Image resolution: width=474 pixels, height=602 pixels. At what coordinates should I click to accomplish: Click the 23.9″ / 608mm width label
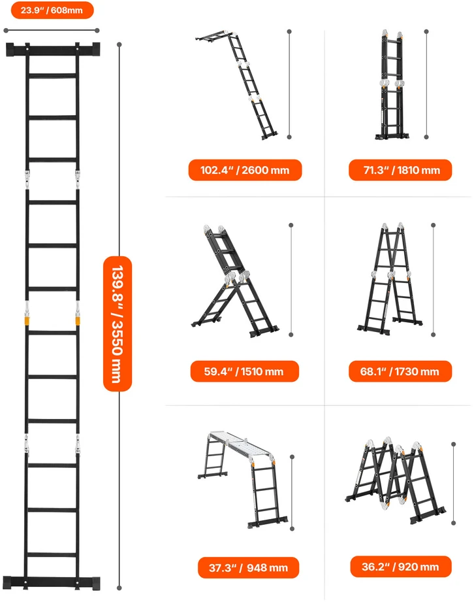(x=52, y=10)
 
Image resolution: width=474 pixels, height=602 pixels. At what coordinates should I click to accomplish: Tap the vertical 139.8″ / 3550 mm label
(x=118, y=324)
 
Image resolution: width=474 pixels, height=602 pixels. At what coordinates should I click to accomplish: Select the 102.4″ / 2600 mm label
(x=245, y=170)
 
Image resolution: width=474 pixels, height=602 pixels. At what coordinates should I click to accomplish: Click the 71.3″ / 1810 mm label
(x=400, y=170)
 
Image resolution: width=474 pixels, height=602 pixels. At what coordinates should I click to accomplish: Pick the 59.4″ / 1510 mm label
(x=244, y=371)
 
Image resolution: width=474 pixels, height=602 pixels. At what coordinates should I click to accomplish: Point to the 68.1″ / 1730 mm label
(x=400, y=371)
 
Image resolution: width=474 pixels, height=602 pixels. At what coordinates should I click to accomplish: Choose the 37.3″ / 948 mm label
(x=248, y=567)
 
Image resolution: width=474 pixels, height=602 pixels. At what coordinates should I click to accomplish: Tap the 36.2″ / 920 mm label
(x=401, y=567)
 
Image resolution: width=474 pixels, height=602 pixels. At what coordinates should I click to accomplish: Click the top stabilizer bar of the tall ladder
(x=53, y=50)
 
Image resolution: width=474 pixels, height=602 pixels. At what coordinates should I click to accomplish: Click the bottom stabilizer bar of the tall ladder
(x=53, y=583)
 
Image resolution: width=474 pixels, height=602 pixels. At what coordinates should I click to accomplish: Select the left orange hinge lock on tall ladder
(x=27, y=320)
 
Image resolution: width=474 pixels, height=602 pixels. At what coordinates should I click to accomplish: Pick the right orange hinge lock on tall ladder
(x=78, y=320)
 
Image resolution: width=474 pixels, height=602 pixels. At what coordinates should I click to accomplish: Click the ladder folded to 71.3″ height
(x=392, y=85)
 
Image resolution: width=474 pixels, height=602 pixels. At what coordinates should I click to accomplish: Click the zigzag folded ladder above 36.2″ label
(x=396, y=480)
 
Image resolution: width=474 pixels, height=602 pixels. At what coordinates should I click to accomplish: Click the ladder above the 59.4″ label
(x=235, y=282)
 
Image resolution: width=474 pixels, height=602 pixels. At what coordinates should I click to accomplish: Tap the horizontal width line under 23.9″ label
(x=52, y=30)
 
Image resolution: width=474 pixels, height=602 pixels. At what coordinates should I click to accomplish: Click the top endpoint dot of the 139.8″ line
(x=119, y=45)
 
